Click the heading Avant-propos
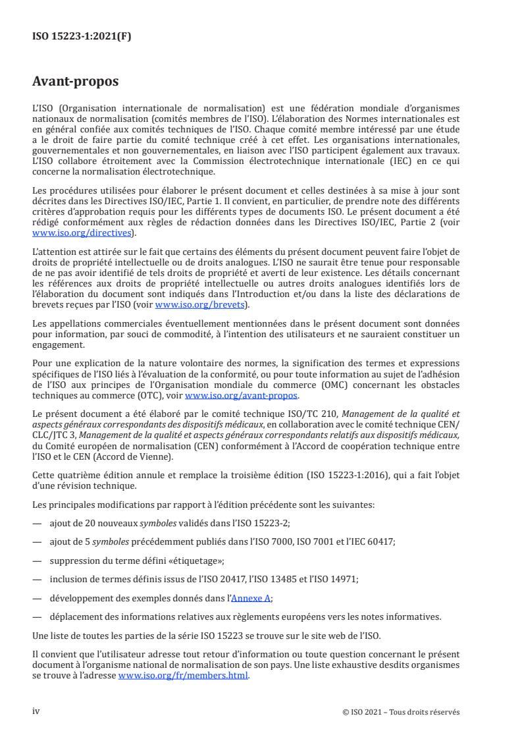76,82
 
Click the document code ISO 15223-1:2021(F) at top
82,36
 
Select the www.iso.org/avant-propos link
242,395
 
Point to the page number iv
36,712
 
